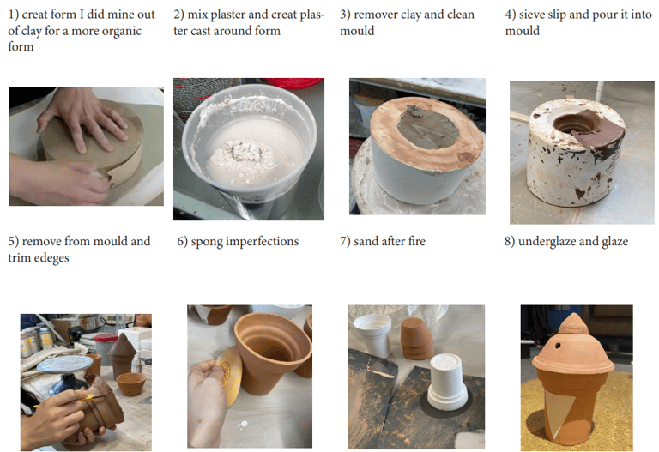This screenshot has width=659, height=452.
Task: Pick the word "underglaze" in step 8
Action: click(x=547, y=242)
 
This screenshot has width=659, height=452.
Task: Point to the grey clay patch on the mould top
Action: click(x=428, y=126)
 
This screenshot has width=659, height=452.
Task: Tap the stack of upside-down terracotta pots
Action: click(x=417, y=339)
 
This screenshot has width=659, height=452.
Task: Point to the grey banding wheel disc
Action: click(x=64, y=365)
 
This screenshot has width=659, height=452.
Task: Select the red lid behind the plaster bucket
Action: click(x=294, y=82)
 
